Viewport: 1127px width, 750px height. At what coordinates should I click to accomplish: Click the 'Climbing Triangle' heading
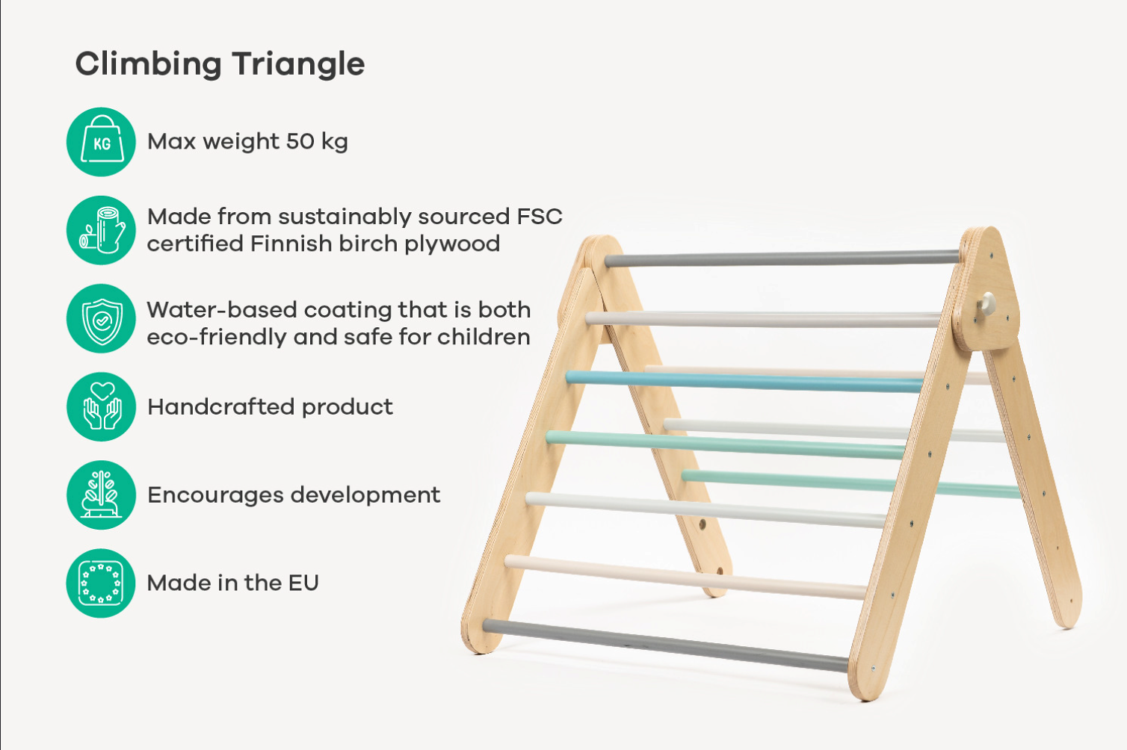tap(220, 64)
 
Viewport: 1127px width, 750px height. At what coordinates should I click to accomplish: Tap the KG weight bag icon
tap(101, 142)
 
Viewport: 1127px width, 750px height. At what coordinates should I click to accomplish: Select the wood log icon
tap(101, 230)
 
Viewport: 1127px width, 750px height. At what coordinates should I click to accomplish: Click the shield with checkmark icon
tap(101, 318)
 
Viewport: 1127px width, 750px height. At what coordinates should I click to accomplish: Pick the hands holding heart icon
tap(101, 407)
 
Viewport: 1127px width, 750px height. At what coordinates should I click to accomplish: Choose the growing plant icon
tap(101, 495)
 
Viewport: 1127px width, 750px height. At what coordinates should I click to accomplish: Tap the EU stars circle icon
tap(101, 583)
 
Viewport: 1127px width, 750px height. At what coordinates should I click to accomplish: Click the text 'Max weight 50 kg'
tap(247, 142)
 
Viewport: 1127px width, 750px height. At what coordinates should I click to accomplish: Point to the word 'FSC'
tap(540, 217)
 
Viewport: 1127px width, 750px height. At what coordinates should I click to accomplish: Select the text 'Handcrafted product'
tap(271, 407)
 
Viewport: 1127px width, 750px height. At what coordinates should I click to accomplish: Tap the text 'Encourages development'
tap(294, 495)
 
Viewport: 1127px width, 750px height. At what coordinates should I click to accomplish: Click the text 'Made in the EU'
tap(233, 583)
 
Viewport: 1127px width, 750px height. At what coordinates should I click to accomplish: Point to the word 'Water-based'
tap(222, 310)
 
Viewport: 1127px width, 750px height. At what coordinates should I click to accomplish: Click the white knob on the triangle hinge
tap(986, 304)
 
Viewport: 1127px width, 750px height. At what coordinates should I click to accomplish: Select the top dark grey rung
tap(782, 258)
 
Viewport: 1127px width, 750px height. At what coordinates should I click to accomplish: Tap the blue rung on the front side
tap(744, 382)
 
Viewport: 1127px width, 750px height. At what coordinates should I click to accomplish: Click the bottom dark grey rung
tap(666, 646)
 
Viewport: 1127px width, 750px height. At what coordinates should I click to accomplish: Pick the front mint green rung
tap(725, 444)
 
